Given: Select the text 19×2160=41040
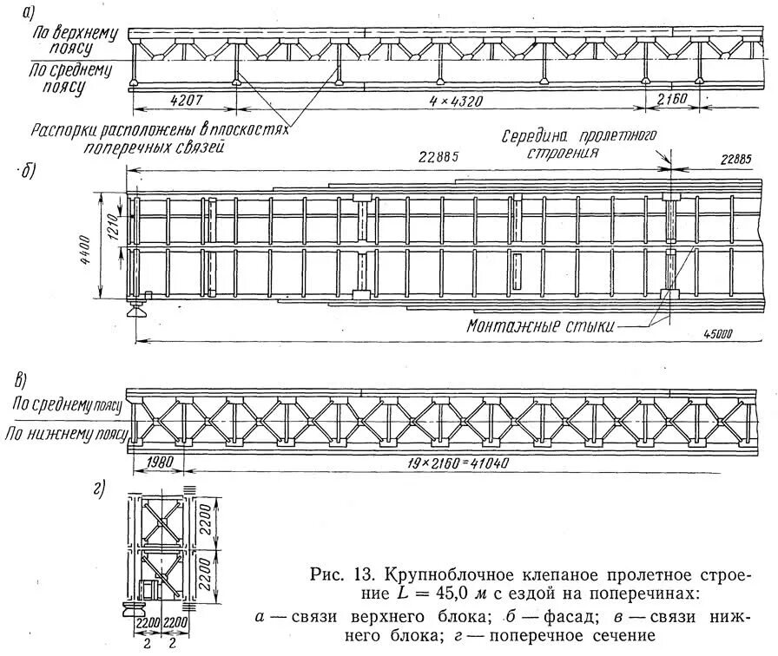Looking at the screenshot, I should [458, 462].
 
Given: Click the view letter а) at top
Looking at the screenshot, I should [29, 11].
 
